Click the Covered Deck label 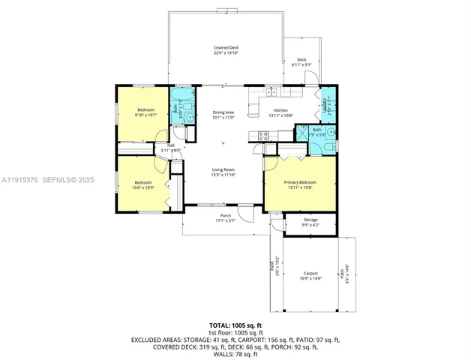226,48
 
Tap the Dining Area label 223,112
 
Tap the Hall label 171,145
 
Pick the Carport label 310,273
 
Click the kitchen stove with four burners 263,136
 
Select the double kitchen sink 273,92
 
